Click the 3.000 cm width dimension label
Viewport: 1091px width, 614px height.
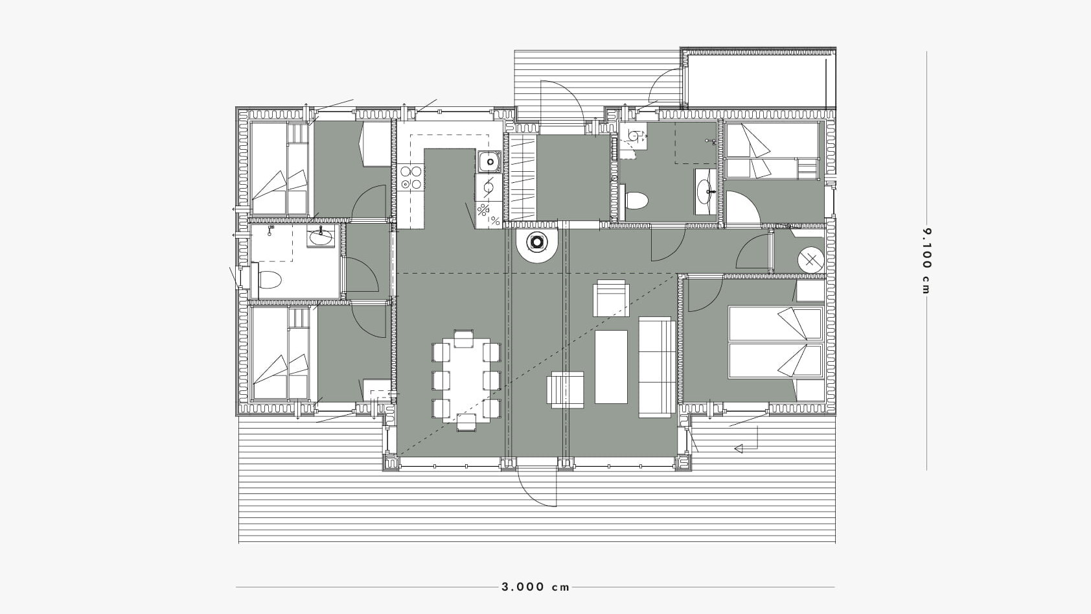[536, 587]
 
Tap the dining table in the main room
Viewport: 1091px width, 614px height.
[466, 379]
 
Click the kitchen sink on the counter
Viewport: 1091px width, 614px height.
[488, 161]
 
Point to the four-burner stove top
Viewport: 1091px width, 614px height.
[411, 178]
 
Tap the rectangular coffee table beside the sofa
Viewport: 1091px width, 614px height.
[611, 366]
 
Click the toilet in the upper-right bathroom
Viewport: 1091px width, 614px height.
[636, 200]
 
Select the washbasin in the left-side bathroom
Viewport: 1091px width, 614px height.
[321, 237]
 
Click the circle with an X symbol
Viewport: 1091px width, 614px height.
[810, 260]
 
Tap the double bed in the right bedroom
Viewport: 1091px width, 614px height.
[775, 342]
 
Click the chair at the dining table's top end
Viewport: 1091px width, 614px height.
[464, 338]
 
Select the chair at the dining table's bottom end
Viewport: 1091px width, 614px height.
[466, 423]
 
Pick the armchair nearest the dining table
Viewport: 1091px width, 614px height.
[565, 390]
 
